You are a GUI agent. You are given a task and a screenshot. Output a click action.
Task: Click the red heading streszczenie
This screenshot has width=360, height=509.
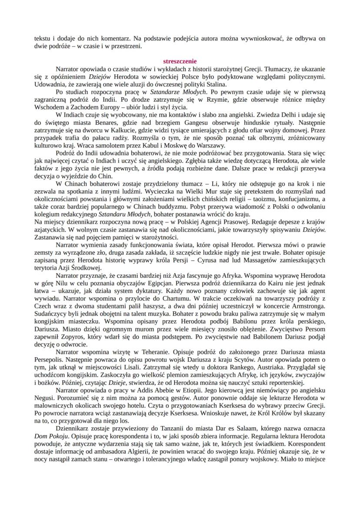[x=180, y=61]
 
